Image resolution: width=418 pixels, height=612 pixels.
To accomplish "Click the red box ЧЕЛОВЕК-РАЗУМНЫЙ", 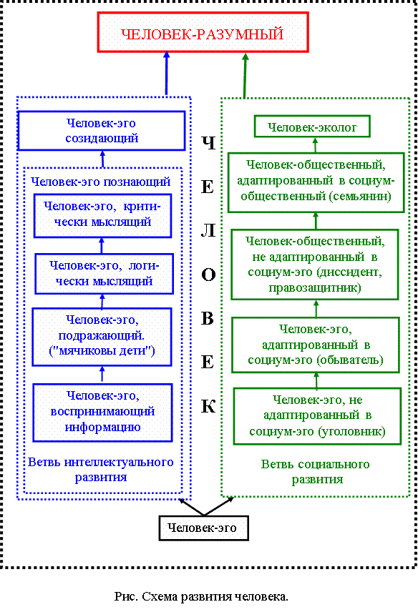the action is pyautogui.click(x=203, y=32).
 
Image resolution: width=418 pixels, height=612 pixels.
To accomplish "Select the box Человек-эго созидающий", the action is pyautogui.click(x=101, y=131).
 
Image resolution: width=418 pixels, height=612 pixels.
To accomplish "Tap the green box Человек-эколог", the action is pyautogui.click(x=312, y=126).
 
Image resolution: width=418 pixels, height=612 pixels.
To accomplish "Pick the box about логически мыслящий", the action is pyautogui.click(x=104, y=274).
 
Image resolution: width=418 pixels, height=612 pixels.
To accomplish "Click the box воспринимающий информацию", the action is pyautogui.click(x=102, y=413).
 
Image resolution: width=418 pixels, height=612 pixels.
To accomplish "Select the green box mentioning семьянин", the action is pyautogui.click(x=316, y=182).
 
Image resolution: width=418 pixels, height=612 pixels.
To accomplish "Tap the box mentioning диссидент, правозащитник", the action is pyautogui.click(x=315, y=265).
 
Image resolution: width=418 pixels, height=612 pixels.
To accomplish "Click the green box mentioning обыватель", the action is pyautogui.click(x=316, y=345).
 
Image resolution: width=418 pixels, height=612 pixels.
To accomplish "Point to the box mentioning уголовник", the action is pyautogui.click(x=317, y=416).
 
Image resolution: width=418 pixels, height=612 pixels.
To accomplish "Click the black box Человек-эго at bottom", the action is pyautogui.click(x=203, y=528).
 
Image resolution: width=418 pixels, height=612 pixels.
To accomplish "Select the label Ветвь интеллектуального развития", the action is pyautogui.click(x=101, y=470).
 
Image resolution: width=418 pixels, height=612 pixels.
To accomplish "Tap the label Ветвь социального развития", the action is pyautogui.click(x=316, y=471).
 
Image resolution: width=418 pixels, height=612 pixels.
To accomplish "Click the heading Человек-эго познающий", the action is pyautogui.click(x=101, y=182).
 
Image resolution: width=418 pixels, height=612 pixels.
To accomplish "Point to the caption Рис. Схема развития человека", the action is pyautogui.click(x=201, y=596).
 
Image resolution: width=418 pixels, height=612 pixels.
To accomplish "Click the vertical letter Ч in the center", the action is pyautogui.click(x=208, y=143).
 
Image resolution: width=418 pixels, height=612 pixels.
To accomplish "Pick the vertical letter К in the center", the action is pyautogui.click(x=208, y=406).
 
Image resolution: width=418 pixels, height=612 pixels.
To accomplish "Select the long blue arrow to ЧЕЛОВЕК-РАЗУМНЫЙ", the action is pyautogui.click(x=167, y=74).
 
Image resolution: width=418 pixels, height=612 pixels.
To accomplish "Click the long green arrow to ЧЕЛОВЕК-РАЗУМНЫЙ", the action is pyautogui.click(x=245, y=75).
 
